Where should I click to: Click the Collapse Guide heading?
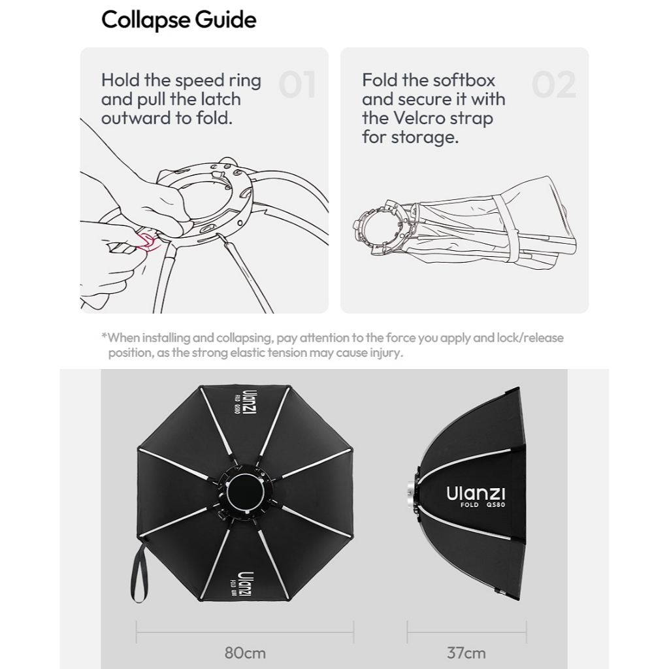(179, 20)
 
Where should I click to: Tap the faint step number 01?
(297, 84)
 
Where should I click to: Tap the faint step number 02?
(554, 84)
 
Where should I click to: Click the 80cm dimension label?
(245, 653)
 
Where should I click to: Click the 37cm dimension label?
(466, 653)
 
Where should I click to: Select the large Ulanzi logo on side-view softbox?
(476, 493)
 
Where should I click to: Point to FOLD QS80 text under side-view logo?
(483, 505)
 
